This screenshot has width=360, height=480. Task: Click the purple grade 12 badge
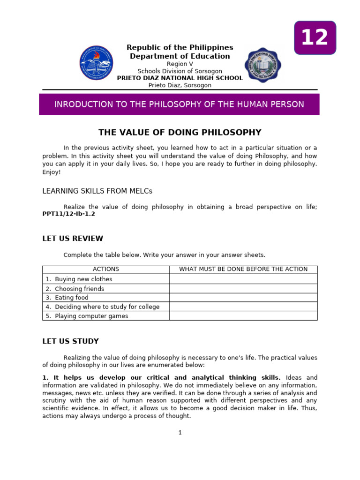(315, 37)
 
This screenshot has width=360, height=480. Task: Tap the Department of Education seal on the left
(97, 63)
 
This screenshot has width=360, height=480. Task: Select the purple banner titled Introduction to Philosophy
(179, 104)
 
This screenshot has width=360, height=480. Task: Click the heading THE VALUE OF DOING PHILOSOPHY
(180, 132)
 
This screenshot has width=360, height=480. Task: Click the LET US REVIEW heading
(73, 239)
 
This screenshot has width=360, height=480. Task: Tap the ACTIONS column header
(106, 269)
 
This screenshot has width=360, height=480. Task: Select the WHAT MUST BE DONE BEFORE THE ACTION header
(243, 269)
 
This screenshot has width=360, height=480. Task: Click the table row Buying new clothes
(83, 279)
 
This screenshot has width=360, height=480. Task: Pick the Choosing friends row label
(79, 289)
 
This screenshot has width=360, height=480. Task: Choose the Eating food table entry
(71, 298)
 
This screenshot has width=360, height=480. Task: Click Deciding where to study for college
(107, 307)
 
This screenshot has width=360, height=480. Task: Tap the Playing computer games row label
(91, 316)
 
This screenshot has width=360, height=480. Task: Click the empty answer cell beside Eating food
(243, 298)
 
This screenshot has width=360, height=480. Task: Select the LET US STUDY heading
(70, 341)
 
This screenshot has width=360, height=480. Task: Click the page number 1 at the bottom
(180, 433)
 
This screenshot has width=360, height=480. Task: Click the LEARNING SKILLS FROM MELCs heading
(97, 191)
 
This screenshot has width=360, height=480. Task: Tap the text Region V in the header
(180, 64)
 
